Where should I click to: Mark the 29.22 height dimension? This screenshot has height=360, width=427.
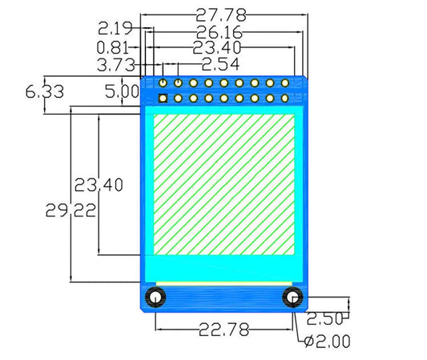[x=70, y=211]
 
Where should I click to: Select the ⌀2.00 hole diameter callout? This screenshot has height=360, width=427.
[x=328, y=342]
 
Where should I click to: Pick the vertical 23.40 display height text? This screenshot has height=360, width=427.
[x=99, y=185]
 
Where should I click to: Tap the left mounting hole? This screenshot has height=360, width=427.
[x=155, y=297]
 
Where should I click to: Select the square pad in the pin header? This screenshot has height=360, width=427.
[x=163, y=99]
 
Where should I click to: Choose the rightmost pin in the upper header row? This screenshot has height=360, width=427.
[x=284, y=82]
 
